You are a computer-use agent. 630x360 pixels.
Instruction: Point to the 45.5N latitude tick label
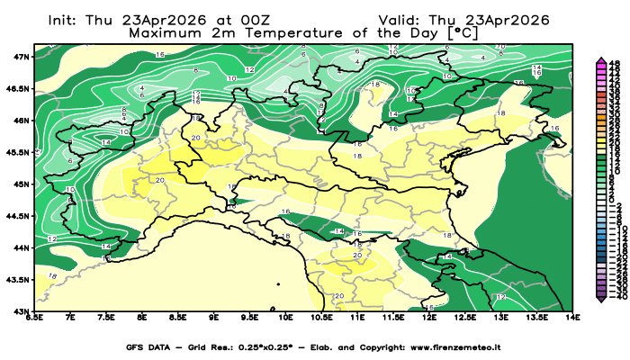pyautogui.click(x=20, y=151)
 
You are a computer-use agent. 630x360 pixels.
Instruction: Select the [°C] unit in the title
pyautogui.click(x=463, y=32)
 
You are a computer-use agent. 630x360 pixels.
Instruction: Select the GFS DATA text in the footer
pyautogui.click(x=148, y=347)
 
